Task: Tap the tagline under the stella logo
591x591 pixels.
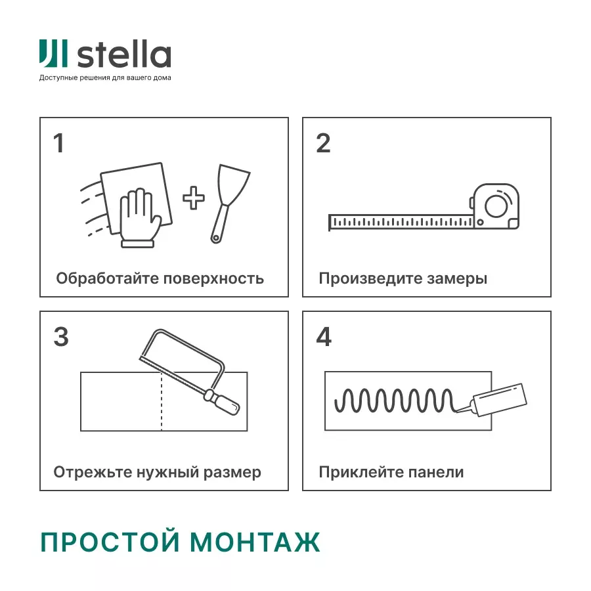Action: point(105,78)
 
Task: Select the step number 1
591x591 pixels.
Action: point(59,143)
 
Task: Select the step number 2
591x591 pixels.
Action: point(323,143)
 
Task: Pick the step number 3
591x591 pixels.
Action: point(60,337)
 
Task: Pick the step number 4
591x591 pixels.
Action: point(324,337)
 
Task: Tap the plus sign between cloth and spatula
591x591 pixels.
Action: point(193,198)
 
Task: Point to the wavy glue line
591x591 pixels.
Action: point(394,399)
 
